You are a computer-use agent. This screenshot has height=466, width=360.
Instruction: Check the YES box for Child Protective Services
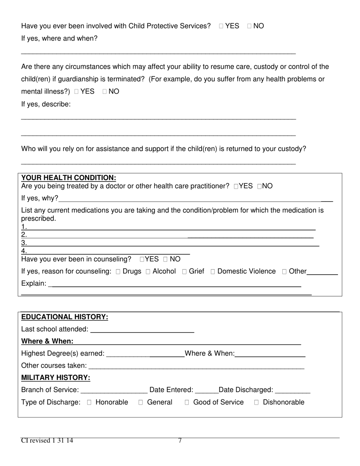point(221,26)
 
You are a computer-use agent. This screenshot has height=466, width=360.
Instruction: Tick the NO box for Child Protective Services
point(249,26)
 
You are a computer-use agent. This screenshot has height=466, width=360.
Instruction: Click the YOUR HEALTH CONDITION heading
point(69,178)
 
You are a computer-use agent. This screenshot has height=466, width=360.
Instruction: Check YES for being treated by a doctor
point(236,186)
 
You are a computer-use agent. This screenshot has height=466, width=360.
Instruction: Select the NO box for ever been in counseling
point(165,260)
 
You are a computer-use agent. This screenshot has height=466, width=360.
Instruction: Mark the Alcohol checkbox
point(148,272)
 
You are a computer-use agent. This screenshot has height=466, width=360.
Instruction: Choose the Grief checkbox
point(185,272)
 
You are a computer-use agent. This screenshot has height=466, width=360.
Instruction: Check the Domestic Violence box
point(213,272)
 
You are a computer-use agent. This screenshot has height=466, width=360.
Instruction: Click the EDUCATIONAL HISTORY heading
point(65,317)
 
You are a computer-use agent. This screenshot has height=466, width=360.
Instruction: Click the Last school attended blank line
point(142,330)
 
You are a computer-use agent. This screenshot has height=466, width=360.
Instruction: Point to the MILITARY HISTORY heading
point(56,378)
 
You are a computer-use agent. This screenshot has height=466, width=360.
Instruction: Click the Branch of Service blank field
point(114,390)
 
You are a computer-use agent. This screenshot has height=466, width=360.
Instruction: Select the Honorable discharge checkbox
point(89,403)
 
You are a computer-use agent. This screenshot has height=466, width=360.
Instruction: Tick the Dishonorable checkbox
point(257,403)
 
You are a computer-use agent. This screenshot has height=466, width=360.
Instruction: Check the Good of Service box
point(187,403)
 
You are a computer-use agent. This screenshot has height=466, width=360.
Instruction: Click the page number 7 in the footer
point(180,441)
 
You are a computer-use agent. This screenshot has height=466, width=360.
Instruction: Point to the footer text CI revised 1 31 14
point(47,441)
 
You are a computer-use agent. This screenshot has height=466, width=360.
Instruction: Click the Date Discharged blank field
point(293,390)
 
